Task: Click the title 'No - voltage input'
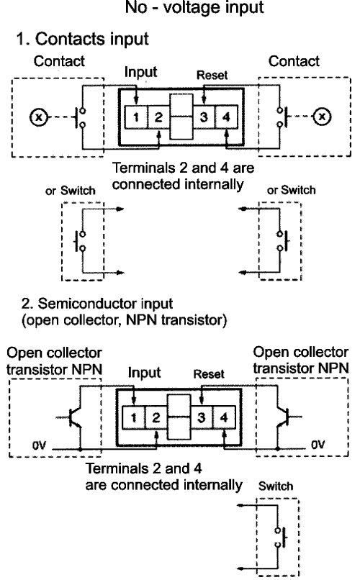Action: point(194,7)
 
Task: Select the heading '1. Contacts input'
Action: point(82,39)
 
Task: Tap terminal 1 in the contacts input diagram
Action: point(136,117)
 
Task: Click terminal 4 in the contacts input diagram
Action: point(226,117)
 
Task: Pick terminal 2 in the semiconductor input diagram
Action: point(156,417)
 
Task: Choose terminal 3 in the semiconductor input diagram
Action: point(202,417)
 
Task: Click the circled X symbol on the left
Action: point(38,117)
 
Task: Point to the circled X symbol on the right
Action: point(323,117)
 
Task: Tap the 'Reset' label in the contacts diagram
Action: point(212,75)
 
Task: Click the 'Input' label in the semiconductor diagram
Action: point(144,373)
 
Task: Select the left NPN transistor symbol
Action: point(72,417)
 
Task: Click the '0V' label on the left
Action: point(39,445)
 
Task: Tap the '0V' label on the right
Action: point(318,444)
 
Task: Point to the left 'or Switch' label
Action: point(71,191)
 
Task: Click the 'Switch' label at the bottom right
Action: point(276,486)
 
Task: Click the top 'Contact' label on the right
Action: point(294,61)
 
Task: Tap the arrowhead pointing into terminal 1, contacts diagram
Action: point(136,100)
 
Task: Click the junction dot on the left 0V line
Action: point(81,449)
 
